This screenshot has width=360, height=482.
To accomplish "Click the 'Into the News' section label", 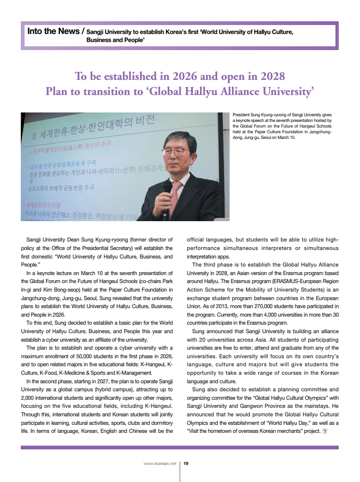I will pyautogui.click(x=53, y=31).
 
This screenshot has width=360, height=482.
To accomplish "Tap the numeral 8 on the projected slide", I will pyautogui.click(x=34, y=137).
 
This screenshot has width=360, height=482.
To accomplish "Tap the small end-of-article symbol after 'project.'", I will pyautogui.click(x=325, y=431).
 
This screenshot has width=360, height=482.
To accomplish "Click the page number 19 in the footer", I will pyautogui.click(x=186, y=464).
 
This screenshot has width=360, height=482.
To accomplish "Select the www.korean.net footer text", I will pyautogui.click(x=159, y=464).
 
